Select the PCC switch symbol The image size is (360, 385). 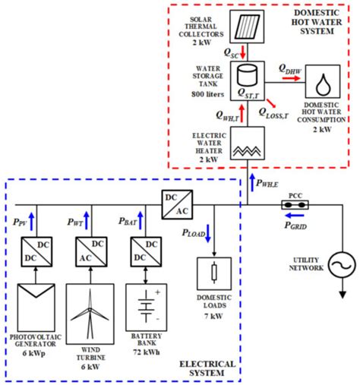pyautogui.click(x=293, y=204)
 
